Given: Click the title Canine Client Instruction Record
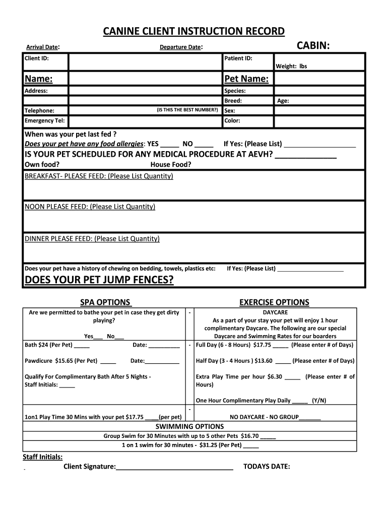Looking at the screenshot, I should pyautogui.click(x=194, y=32).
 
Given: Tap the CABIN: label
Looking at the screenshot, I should pyautogui.click(x=313, y=46).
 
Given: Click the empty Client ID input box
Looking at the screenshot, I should pyautogui.click(x=145, y=62).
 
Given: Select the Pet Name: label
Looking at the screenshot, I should pyautogui.click(x=246, y=79).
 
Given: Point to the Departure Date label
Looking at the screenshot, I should pyautogui.click(x=180, y=47).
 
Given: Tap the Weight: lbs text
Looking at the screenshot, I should pyautogui.click(x=291, y=66).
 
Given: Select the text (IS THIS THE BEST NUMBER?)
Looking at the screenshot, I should pyautogui.click(x=187, y=110).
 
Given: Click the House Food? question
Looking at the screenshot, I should pyautogui.click(x=171, y=164).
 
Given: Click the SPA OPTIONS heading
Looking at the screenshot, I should pyautogui.click(x=105, y=302).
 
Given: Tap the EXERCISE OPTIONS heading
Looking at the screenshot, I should pyautogui.click(x=274, y=302).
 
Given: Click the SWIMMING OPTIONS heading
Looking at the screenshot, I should pyautogui.click(x=189, y=426).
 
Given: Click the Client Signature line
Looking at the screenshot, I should pyautogui.click(x=174, y=467).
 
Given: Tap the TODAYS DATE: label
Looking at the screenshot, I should pyautogui.click(x=267, y=466).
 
